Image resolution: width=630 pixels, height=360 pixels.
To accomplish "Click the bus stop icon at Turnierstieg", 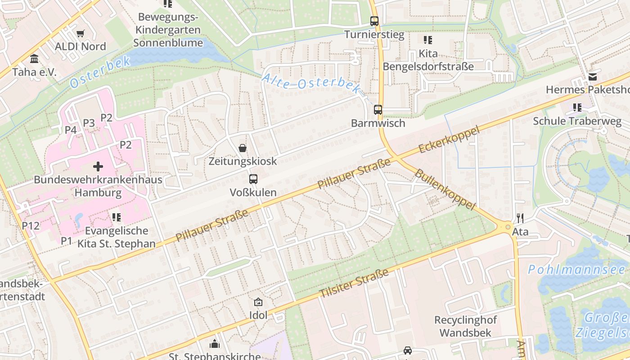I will pyautogui.click(x=374, y=21).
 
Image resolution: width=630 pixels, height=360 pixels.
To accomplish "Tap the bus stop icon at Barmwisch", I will pyautogui.click(x=378, y=109).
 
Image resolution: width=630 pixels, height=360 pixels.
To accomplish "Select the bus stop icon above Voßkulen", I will pyautogui.click(x=253, y=179).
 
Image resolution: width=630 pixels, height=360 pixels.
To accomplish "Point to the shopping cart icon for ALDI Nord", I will pyautogui.click(x=81, y=33).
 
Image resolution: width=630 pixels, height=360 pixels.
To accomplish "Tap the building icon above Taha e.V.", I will pyautogui.click(x=34, y=59).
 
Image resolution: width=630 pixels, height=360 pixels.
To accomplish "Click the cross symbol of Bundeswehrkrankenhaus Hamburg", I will pyautogui.click(x=98, y=166).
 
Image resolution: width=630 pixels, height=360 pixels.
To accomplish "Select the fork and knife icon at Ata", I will pyautogui.click(x=520, y=219).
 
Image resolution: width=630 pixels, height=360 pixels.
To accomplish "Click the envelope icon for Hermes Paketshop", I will pyautogui.click(x=592, y=77).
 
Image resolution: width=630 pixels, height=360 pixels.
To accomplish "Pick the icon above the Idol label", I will pyautogui.click(x=258, y=302).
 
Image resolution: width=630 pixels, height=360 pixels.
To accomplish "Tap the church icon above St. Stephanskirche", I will pyautogui.click(x=215, y=344).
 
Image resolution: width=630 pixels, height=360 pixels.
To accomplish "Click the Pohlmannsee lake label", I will pyautogui.click(x=576, y=270).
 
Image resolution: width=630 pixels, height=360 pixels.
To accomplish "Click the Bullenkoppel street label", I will pyautogui.click(x=445, y=189).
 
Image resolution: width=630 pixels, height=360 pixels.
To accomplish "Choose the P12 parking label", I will pyautogui.click(x=31, y=225).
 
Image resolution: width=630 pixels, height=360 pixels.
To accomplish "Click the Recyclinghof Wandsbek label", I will pyautogui.click(x=465, y=327).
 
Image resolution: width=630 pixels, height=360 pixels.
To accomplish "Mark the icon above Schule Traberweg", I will pyautogui.click(x=577, y=108).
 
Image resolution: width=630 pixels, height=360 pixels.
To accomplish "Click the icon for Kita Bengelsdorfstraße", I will pyautogui.click(x=428, y=40).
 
